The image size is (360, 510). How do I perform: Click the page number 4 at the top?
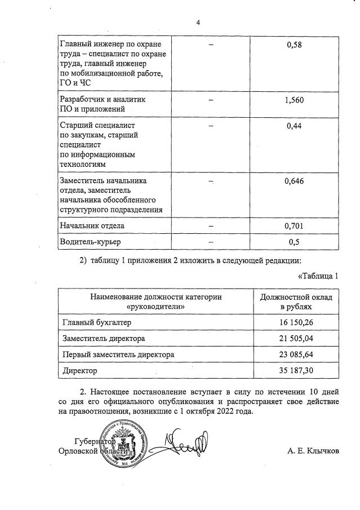198,23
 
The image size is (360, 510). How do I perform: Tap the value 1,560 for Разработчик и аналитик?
294,100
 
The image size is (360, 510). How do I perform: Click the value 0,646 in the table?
294,181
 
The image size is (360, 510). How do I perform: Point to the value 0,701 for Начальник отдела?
294,226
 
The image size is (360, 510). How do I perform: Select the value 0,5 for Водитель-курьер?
294,242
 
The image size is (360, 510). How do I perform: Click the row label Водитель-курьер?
86,242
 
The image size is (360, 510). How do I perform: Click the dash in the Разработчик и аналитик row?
210,100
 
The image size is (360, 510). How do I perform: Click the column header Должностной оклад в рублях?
295,301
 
